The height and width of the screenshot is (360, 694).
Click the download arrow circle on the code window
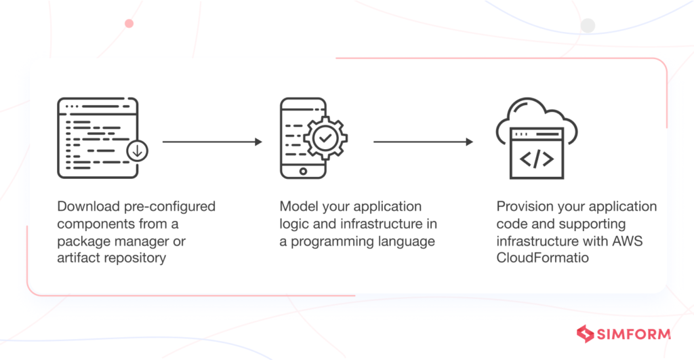click(138, 151)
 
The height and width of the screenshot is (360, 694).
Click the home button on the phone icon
click(303, 170)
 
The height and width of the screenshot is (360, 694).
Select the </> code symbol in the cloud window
click(536, 159)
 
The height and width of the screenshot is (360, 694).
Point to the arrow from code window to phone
click(211, 142)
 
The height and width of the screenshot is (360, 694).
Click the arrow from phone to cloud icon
click(422, 142)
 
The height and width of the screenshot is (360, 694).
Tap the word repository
click(134, 258)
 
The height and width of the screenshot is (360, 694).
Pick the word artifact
click(79, 258)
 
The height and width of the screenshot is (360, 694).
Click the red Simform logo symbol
click(585, 334)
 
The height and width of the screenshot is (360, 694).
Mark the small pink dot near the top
click(129, 23)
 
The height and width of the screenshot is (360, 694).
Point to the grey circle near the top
click(588, 26)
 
